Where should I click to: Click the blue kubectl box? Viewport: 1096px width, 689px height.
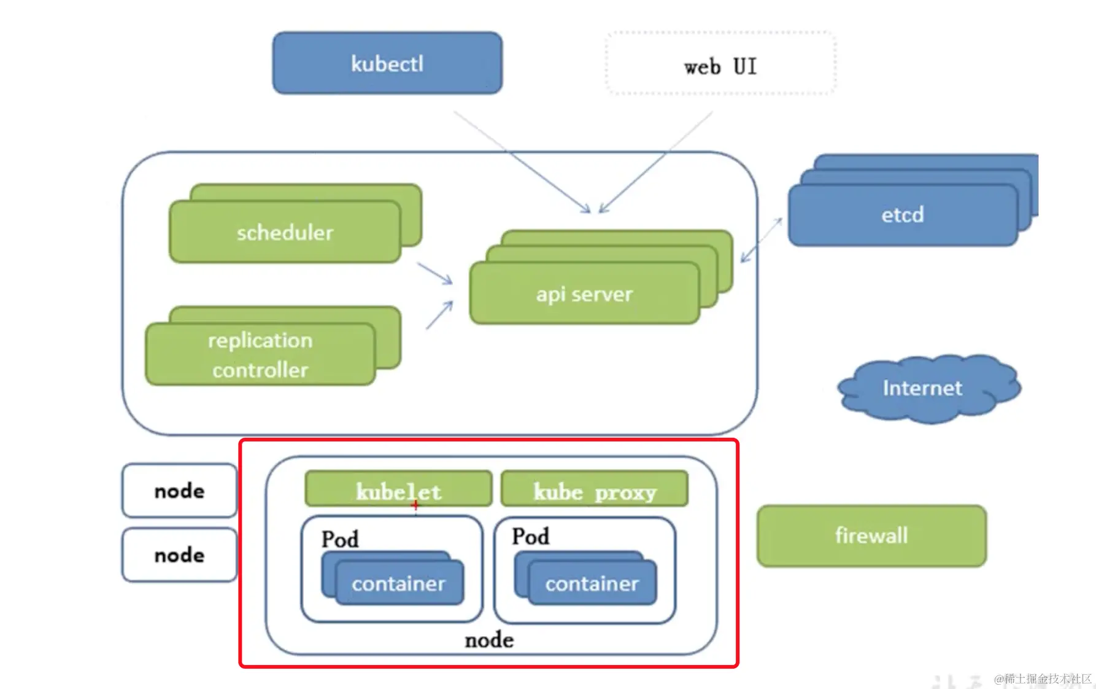coord(387,63)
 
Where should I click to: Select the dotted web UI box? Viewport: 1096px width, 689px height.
coord(720,63)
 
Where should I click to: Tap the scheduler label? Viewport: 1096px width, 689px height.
coord(285,233)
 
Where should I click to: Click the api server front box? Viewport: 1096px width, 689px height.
coord(585,293)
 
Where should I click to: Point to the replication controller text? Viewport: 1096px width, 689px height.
coord(260,355)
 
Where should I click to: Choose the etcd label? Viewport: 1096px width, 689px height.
coord(903,215)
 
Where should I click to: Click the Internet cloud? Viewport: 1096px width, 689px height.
coord(929,388)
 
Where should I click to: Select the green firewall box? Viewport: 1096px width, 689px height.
coord(872,535)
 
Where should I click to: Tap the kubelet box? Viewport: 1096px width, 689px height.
coord(399,489)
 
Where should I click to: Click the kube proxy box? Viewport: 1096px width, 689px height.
coord(595,489)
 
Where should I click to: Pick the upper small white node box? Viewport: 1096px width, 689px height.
coord(180,491)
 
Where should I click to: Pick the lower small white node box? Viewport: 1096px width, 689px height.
coord(180,555)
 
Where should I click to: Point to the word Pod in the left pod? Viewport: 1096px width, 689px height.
coord(340,539)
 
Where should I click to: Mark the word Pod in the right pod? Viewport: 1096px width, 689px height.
coord(531,536)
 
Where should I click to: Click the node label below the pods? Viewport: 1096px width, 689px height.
coord(489,640)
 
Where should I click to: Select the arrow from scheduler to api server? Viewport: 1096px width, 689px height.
coord(435,274)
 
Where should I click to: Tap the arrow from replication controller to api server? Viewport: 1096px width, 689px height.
coord(440,315)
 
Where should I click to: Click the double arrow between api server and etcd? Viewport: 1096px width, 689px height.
coord(762,240)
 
